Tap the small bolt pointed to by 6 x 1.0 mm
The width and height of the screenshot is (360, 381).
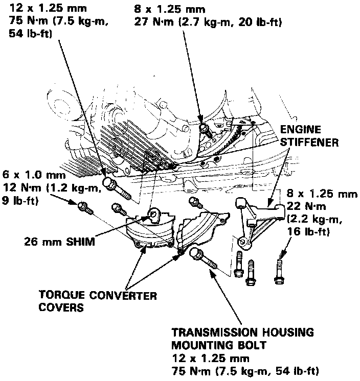pos(83,208)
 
